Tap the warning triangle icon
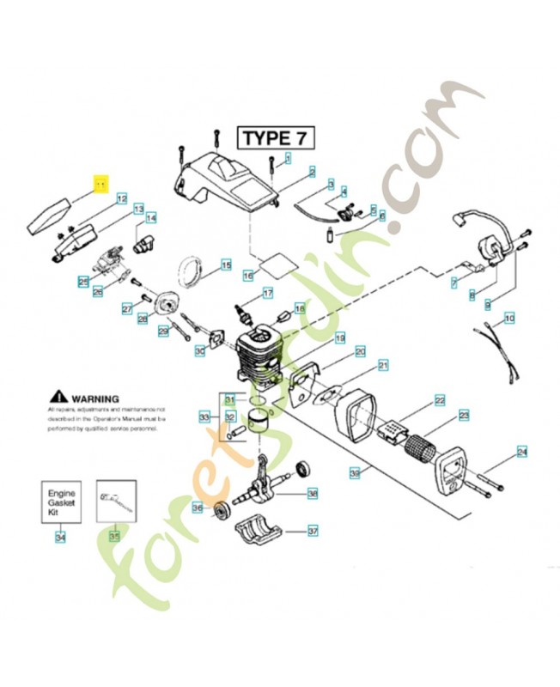pos(58,397)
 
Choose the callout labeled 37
pos(313,531)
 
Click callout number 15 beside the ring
pos(226,265)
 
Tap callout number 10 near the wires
pos(509,319)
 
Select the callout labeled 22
pos(439,401)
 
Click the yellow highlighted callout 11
pos(101,184)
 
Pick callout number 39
pos(354,473)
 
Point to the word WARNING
pos(94,398)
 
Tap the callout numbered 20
pos(360,350)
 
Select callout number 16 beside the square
pos(247,277)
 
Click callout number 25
pos(83,281)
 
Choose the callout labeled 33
pos(204,417)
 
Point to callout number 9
pos(488,304)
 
